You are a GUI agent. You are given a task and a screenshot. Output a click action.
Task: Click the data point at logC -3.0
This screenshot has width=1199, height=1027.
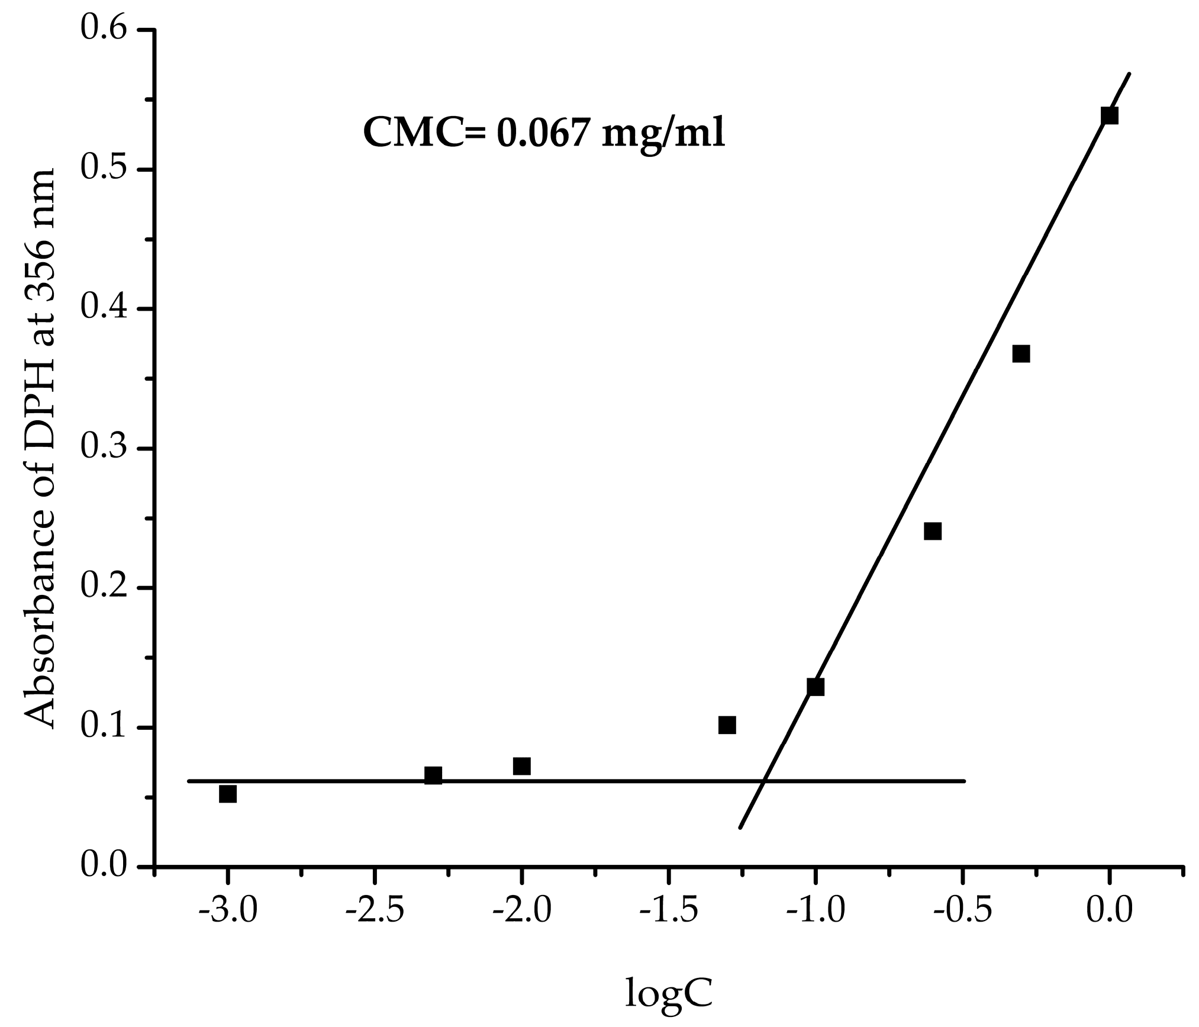[228, 794]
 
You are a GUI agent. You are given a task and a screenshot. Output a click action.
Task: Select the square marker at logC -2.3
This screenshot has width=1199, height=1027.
[433, 775]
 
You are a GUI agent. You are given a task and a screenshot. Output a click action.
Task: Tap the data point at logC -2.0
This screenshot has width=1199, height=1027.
[521, 766]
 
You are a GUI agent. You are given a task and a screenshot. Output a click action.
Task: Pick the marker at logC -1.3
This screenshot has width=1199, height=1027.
[727, 725]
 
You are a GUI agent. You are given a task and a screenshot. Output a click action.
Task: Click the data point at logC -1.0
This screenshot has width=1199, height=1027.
[816, 687]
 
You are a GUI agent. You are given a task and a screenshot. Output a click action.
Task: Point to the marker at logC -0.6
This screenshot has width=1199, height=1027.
[933, 531]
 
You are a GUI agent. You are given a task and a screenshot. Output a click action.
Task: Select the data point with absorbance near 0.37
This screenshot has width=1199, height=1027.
[1021, 354]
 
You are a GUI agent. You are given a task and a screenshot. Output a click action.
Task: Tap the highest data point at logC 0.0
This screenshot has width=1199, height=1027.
[1110, 115]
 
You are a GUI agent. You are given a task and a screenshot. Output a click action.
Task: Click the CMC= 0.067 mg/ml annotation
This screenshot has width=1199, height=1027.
[544, 133]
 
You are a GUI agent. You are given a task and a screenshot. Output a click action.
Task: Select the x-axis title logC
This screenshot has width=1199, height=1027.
[669, 990]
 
